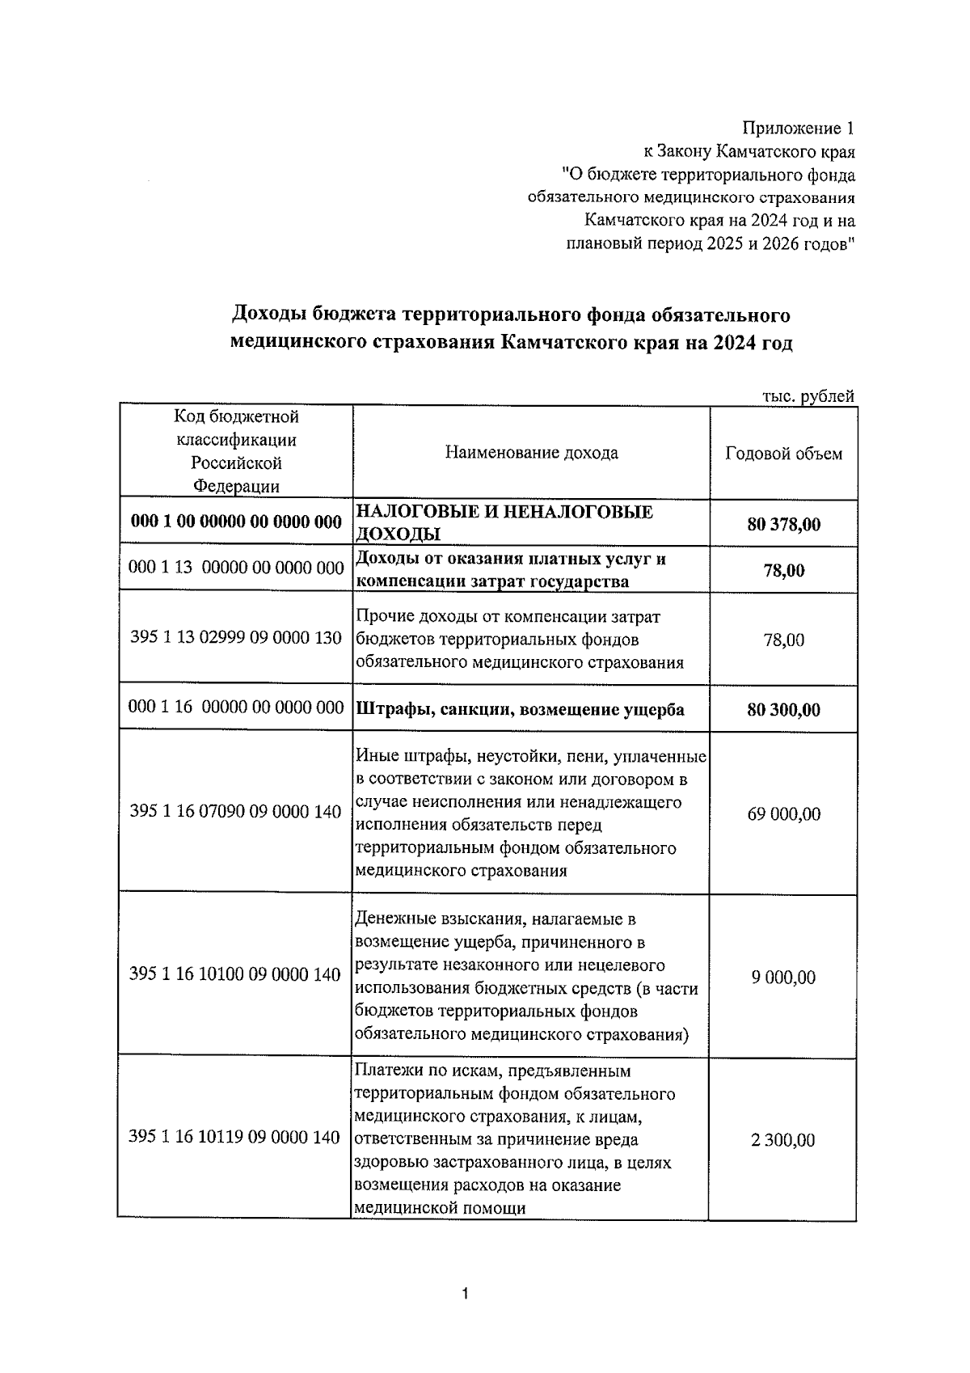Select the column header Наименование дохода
pos(531,453)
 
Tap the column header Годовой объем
pos(783,454)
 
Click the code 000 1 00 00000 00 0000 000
pos(236,522)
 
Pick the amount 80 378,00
pos(783,525)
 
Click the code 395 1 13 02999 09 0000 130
pos(236,638)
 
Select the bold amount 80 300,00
pos(783,710)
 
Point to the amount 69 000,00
pos(783,813)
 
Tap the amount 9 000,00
pos(783,978)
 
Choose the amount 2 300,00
pos(783,1140)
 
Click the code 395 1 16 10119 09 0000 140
pos(234,1138)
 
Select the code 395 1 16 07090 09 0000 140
pos(235,811)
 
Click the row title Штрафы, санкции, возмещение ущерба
pos(520,710)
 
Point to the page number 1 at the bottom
pos(465,1295)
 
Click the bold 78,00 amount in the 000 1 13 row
pos(783,571)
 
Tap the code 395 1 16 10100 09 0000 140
pos(234,974)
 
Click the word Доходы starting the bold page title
pos(268,314)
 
